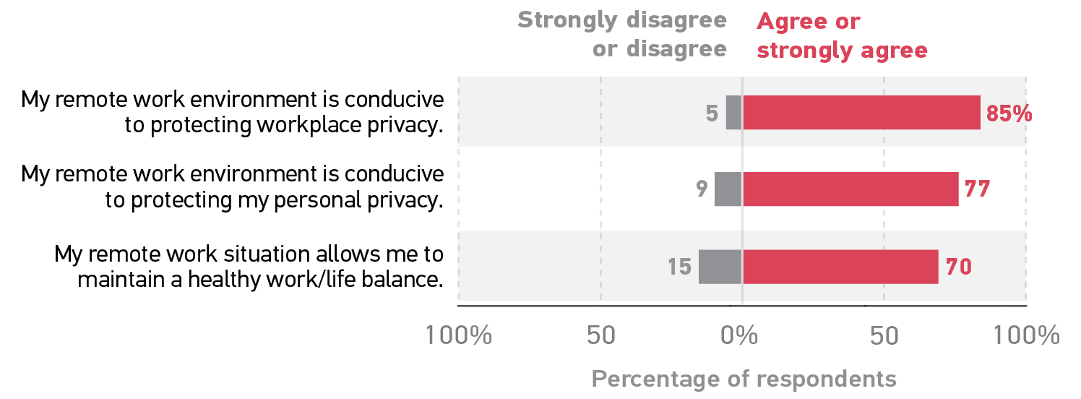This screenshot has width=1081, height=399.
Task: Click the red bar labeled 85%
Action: tap(861, 113)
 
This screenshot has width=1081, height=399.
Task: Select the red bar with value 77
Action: tap(850, 189)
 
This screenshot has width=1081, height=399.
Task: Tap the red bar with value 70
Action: tap(840, 267)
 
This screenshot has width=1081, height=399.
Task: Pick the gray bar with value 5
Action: tap(734, 113)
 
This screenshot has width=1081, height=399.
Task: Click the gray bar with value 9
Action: tap(728, 189)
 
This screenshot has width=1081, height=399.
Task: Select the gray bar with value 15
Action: tap(720, 267)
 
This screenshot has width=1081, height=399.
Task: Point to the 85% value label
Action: tap(1009, 114)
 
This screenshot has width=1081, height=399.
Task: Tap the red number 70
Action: tap(958, 267)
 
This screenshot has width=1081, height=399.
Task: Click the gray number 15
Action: tap(679, 267)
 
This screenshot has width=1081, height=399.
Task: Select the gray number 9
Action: tap(701, 190)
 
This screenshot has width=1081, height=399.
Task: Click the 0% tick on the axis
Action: tap(742, 336)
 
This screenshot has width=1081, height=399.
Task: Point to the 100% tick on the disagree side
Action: tap(458, 336)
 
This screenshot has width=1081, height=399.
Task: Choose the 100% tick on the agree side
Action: tap(1026, 336)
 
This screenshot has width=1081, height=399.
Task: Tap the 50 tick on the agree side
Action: tap(884, 336)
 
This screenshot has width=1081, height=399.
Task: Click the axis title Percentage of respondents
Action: tap(744, 379)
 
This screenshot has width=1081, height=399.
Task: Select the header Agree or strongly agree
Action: tap(842, 35)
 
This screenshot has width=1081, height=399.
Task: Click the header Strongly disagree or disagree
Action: tap(621, 34)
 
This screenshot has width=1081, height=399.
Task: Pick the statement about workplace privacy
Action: tap(232, 112)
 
